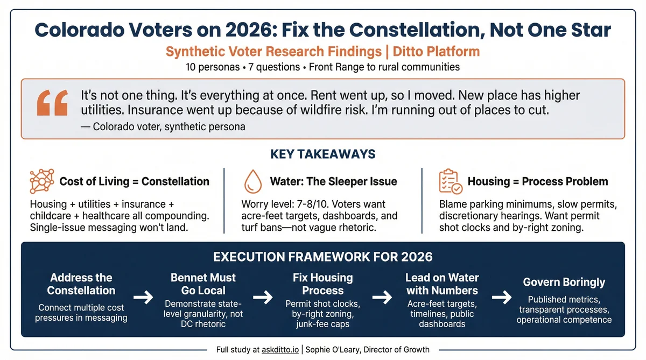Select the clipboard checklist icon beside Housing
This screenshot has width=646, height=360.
pos(450,181)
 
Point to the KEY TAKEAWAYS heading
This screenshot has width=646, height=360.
pos(323,154)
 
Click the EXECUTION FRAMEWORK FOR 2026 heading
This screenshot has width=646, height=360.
pos(323,256)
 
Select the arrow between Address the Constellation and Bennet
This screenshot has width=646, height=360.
pos(143,297)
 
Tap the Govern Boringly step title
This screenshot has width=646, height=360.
pos(564,283)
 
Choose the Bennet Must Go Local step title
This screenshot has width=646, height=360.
pos(203,284)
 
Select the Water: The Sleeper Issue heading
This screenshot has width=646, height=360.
pos(333,181)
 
